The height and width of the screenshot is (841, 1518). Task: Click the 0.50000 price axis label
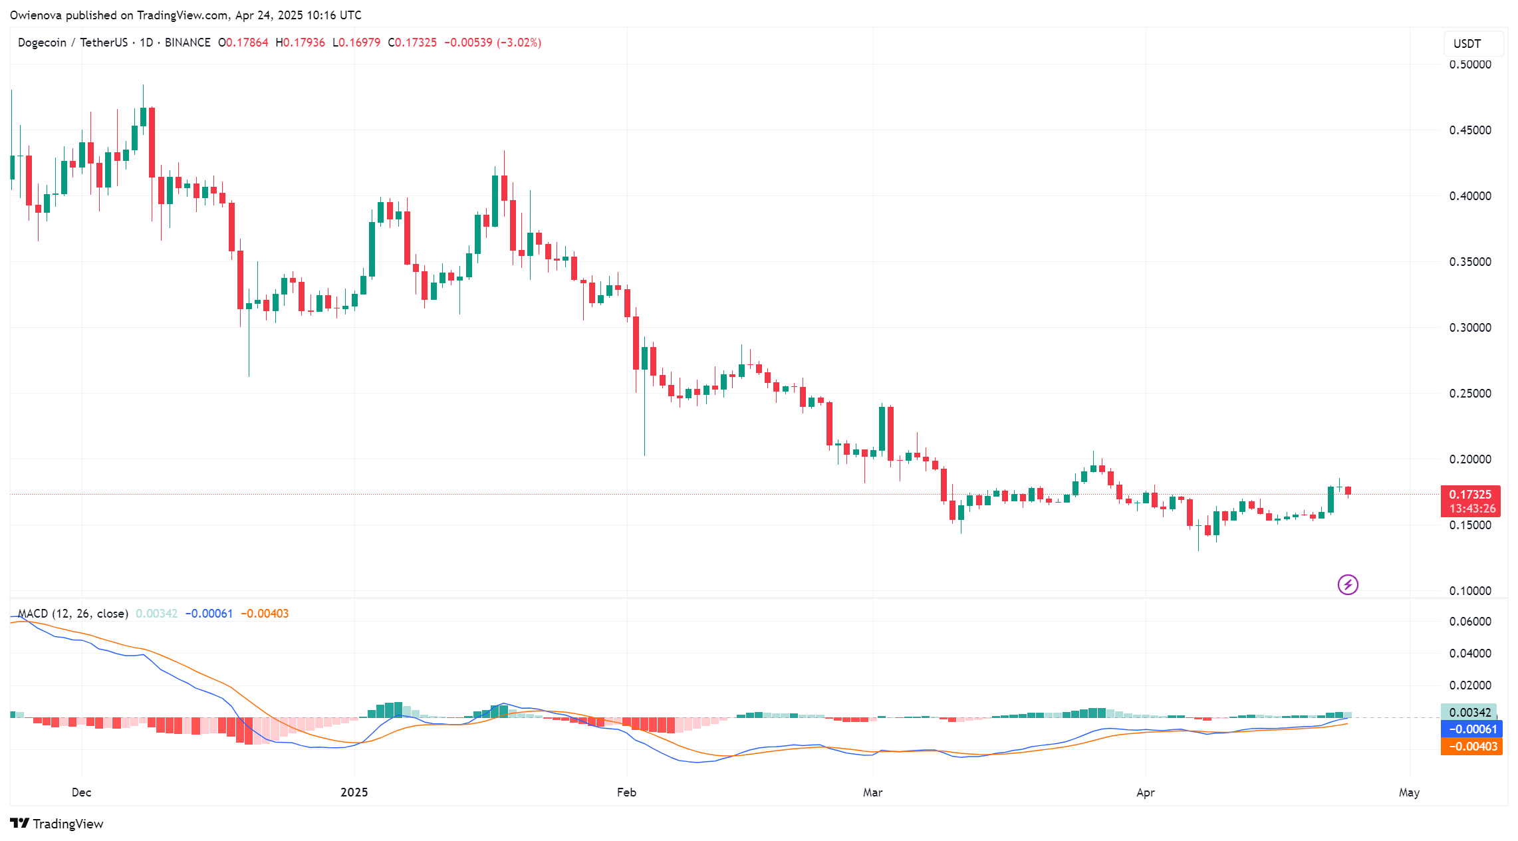pos(1469,64)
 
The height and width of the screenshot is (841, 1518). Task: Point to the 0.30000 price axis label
pos(1469,328)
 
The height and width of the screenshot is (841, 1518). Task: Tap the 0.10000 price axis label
pos(1469,591)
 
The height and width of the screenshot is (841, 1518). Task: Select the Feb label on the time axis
pos(626,792)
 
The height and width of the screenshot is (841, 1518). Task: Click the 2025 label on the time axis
pos(354,792)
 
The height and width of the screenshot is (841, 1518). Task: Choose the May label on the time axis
pos(1409,792)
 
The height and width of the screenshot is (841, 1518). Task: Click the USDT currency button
pos(1467,44)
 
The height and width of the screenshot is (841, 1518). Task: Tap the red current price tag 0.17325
pos(1470,495)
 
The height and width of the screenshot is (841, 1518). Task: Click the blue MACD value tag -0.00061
pos(1472,729)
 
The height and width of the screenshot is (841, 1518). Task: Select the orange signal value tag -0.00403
pos(1472,747)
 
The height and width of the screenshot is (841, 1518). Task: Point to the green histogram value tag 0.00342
pos(1469,713)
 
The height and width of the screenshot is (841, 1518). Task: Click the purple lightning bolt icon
pos(1348,585)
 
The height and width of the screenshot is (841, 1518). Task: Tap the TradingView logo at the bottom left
pos(57,824)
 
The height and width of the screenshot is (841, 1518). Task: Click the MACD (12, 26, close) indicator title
pos(72,614)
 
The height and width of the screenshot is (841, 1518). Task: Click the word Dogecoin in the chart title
pos(42,43)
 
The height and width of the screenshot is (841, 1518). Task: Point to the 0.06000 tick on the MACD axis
pos(1469,622)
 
